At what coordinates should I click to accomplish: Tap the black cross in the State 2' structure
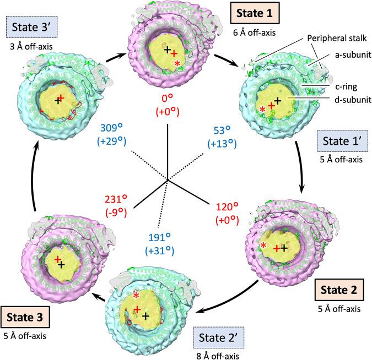click(x=145, y=317)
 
